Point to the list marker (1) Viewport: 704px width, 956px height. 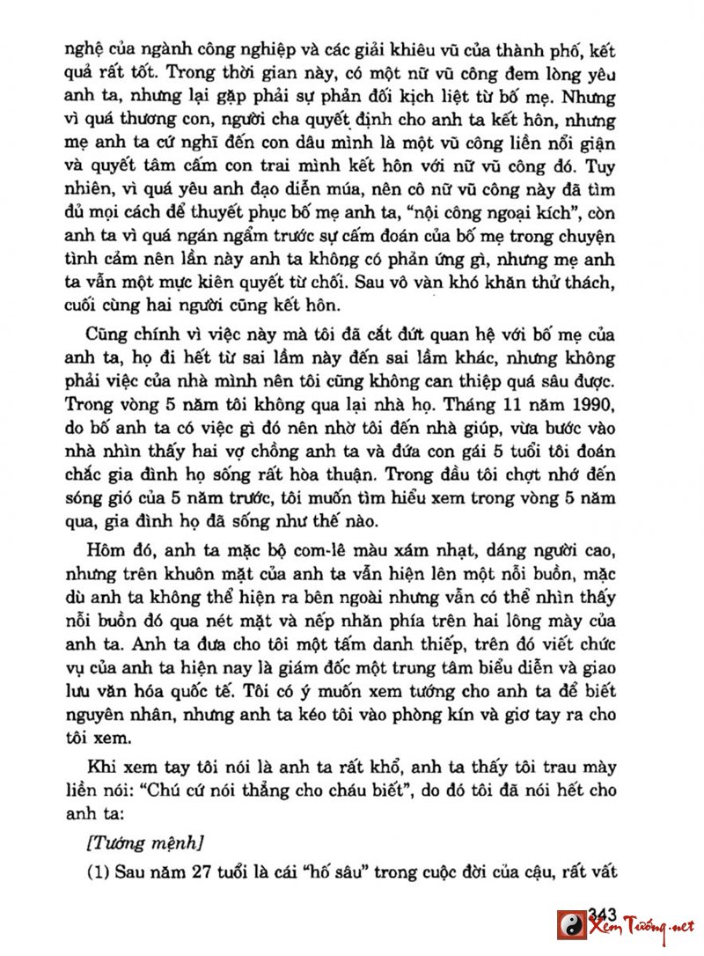point(99,872)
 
